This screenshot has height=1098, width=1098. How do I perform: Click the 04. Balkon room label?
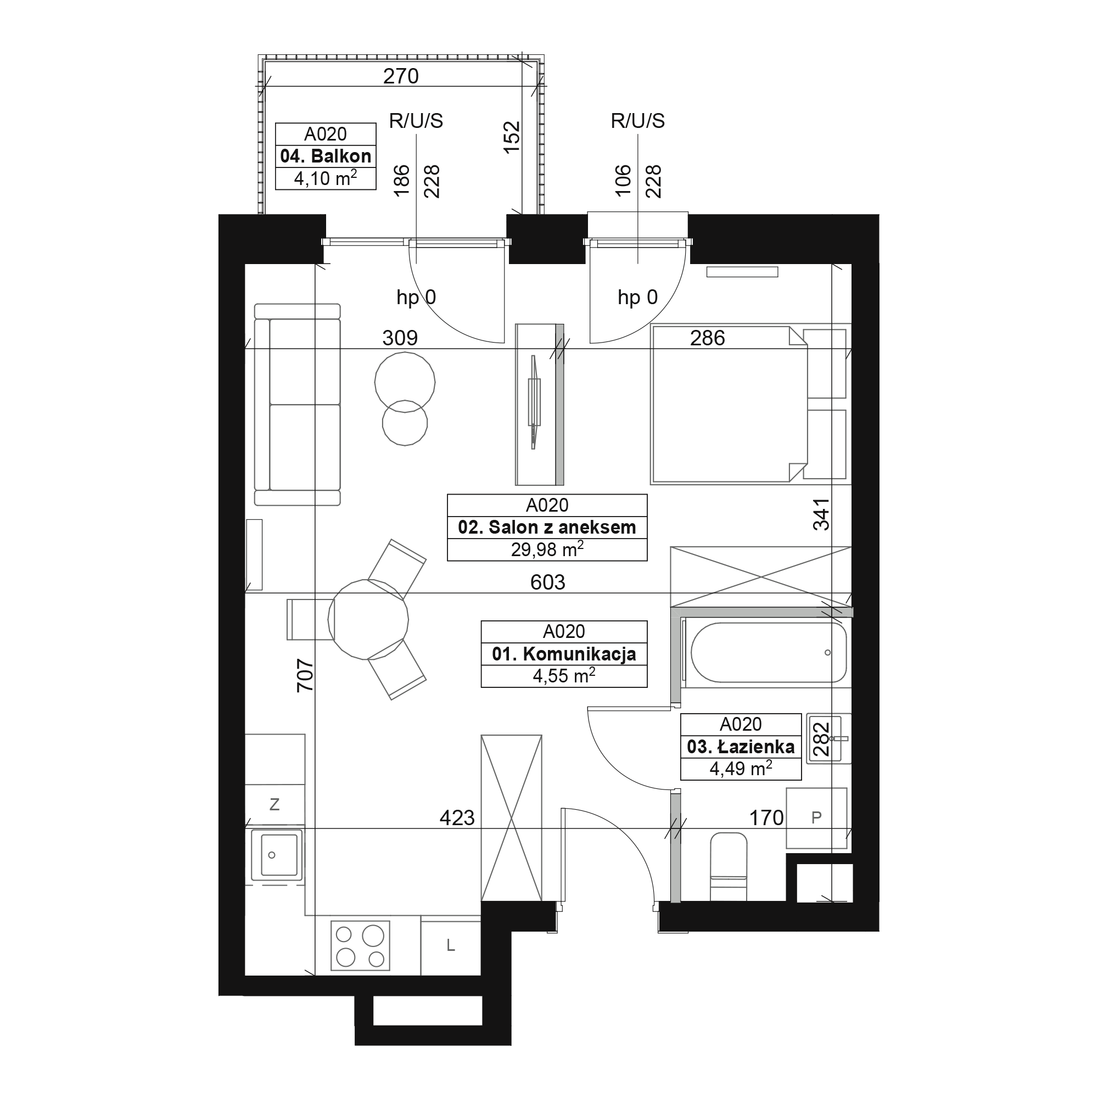pyautogui.click(x=326, y=156)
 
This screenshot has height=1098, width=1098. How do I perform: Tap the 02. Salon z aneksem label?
pyautogui.click(x=547, y=528)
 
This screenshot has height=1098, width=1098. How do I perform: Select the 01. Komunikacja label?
pyautogui.click(x=564, y=654)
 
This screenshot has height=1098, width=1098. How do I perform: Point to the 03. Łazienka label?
pyautogui.click(x=741, y=747)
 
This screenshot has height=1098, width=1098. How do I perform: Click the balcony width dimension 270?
pyautogui.click(x=401, y=76)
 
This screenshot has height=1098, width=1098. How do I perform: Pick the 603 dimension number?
pyautogui.click(x=547, y=582)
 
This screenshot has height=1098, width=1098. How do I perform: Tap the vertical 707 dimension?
pyautogui.click(x=305, y=675)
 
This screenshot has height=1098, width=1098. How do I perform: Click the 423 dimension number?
pyautogui.click(x=457, y=818)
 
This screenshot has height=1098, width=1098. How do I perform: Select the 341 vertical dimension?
pyautogui.click(x=821, y=514)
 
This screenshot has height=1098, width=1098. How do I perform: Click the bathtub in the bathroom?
pyautogui.click(x=769, y=652)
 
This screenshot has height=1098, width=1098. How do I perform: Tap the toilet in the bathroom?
pyautogui.click(x=729, y=867)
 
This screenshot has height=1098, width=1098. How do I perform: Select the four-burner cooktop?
pyautogui.click(x=360, y=946)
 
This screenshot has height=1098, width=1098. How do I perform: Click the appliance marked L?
pyautogui.click(x=451, y=945)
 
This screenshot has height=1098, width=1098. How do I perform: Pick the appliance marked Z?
pyautogui.click(x=275, y=804)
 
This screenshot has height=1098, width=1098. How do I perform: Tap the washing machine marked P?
pyautogui.click(x=817, y=818)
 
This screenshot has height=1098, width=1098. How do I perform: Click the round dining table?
pyautogui.click(x=368, y=619)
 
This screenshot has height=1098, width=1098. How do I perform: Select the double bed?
pyautogui.click(x=729, y=405)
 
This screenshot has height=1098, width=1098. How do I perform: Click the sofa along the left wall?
pyautogui.click(x=297, y=405)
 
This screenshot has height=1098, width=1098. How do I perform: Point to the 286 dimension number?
pyautogui.click(x=708, y=338)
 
